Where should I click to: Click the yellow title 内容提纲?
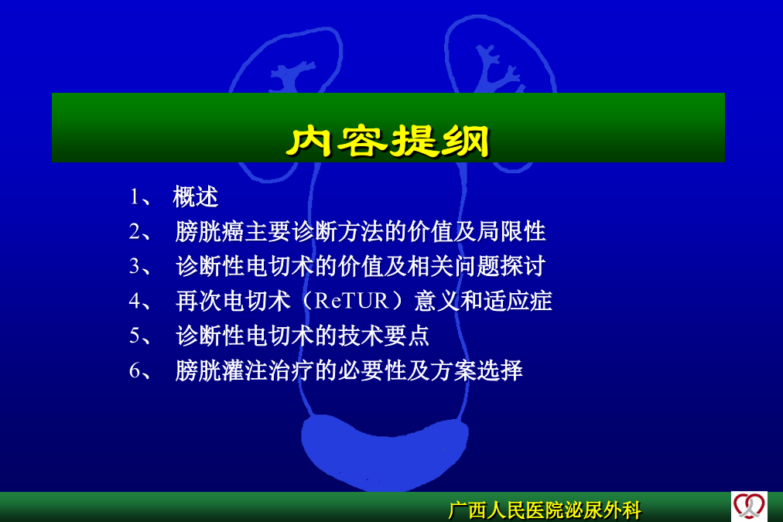(x=388, y=142)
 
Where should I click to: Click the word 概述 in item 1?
(x=195, y=196)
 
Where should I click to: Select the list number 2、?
(x=140, y=232)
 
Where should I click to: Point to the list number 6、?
(x=140, y=370)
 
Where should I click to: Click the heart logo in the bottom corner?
(x=749, y=507)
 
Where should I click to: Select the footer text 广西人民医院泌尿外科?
(x=545, y=510)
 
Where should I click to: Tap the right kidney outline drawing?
(x=499, y=90)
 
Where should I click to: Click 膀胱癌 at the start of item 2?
(x=210, y=231)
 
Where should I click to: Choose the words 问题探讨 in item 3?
(x=500, y=266)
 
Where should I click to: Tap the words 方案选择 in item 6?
(x=477, y=370)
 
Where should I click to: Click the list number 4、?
(x=140, y=302)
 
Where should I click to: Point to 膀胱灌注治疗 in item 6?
(x=244, y=370)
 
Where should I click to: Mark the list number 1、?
(x=140, y=197)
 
